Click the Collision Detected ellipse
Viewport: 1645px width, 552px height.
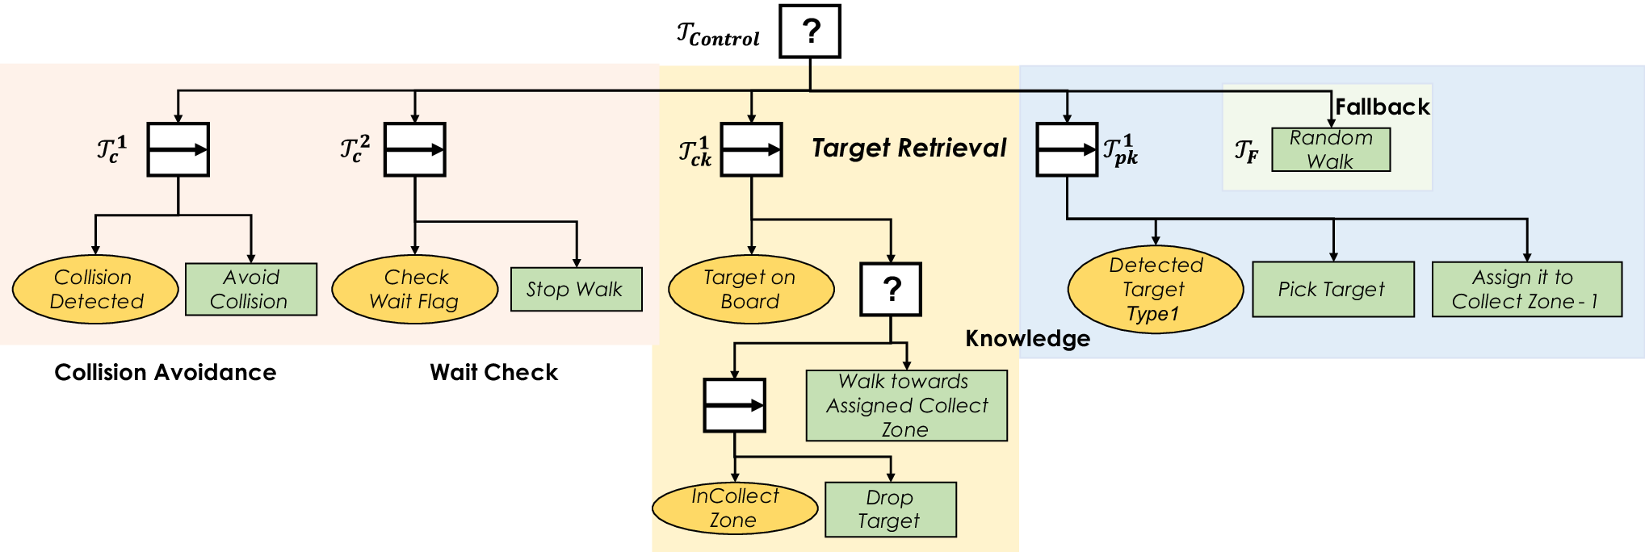[x=95, y=290]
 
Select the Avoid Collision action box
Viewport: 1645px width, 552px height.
[x=251, y=289]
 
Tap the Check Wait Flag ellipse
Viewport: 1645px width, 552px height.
[x=415, y=290]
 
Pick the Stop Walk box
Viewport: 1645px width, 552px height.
[x=577, y=289]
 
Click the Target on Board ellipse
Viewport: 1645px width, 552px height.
[x=751, y=290]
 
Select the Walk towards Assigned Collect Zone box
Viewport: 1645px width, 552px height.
[x=907, y=405]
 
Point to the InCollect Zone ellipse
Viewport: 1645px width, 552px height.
[x=735, y=508]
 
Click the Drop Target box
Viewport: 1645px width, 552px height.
[x=891, y=509]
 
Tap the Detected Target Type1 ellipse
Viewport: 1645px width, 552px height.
[x=1156, y=289]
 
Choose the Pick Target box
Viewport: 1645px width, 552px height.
[x=1333, y=289]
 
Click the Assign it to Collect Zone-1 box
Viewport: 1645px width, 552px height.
[x=1527, y=289]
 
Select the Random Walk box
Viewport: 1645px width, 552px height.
[x=1331, y=149]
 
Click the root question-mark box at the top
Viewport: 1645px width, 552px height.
[x=810, y=31]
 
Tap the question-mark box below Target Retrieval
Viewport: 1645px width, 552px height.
[x=891, y=289]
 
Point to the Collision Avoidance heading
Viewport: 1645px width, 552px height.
[x=166, y=372]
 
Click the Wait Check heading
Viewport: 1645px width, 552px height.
[x=493, y=372]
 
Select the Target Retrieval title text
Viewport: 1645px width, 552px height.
[x=909, y=148]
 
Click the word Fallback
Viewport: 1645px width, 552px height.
[x=1382, y=107]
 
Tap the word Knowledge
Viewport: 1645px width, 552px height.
[x=1027, y=339]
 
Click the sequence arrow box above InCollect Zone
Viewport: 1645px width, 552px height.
[x=734, y=405]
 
